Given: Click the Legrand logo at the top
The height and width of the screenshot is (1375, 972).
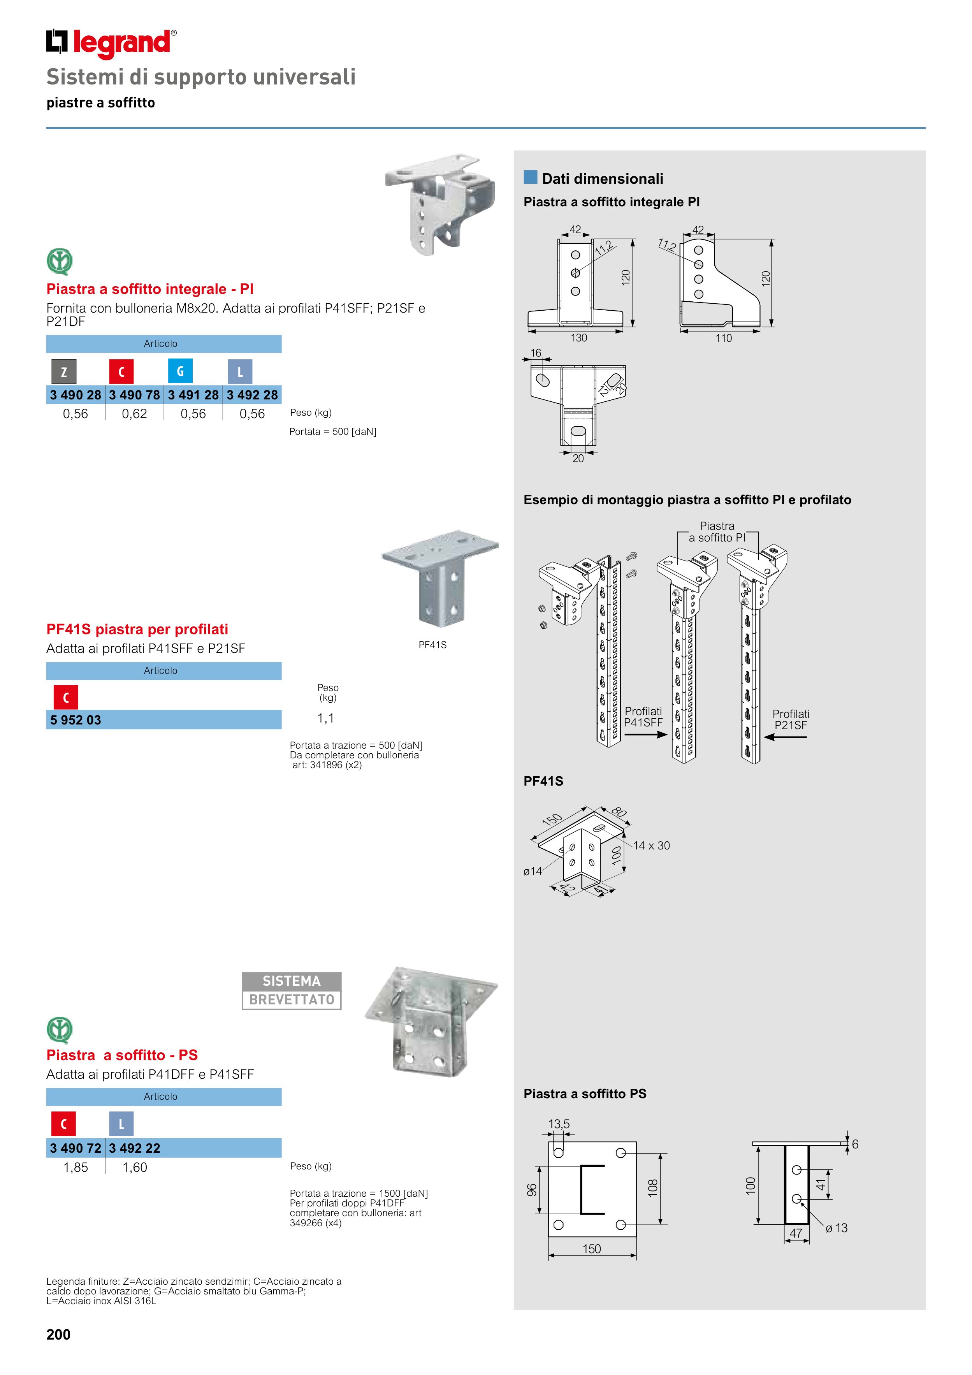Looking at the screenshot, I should coord(111,43).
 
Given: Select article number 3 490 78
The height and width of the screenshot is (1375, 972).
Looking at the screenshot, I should coord(134,395).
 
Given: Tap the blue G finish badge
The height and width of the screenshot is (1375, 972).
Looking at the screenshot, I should coord(180,371).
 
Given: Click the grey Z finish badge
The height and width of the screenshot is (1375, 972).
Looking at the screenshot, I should coord(64,372).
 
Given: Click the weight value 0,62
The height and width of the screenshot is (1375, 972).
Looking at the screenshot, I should coord(134,414).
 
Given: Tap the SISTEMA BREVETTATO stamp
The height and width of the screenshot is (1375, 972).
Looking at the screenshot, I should coord(292,990).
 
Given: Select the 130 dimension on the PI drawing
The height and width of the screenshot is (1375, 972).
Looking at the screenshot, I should coord(578,338).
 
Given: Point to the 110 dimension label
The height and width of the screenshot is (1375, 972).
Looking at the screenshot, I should coord(724,338).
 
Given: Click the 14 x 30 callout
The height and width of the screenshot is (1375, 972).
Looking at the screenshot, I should coord(652,846).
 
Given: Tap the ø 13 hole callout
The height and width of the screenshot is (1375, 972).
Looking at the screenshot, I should coord(836,1228).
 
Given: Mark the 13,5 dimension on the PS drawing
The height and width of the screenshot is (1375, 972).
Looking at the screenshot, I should coord(559,1124).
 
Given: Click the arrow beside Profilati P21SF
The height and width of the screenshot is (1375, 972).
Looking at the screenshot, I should coord(786,737).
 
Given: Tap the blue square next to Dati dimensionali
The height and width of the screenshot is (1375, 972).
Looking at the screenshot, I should coord(531,177).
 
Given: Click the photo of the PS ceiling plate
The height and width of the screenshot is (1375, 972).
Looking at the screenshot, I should coord(431,1021).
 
